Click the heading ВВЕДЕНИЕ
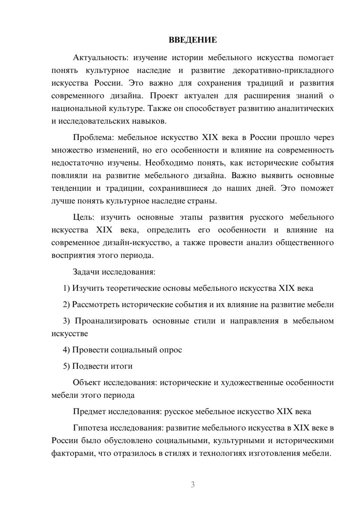pos(193,40)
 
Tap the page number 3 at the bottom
pos(193,485)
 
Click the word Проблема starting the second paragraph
pos(93,138)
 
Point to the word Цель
pos(84,217)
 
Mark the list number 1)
pos(66,288)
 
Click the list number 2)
pos(66,305)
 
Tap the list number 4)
pos(66,350)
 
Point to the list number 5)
pos(66,366)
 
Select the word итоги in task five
pos(121,366)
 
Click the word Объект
pos(87,383)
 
